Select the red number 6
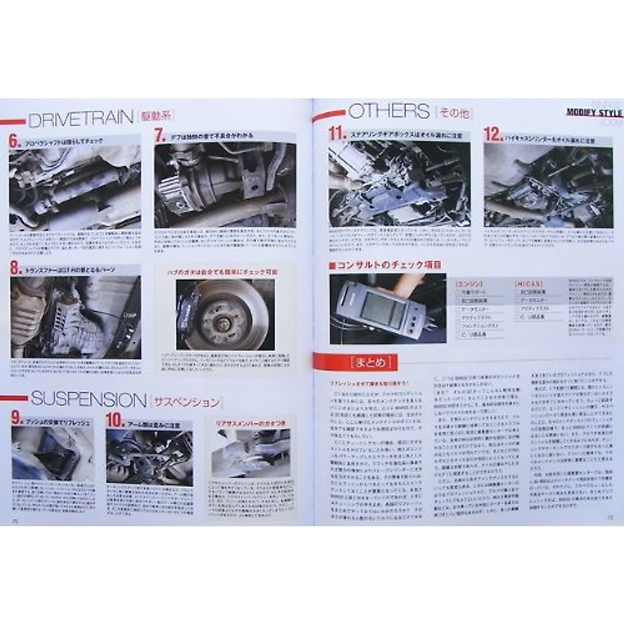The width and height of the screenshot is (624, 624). coord(14,141)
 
